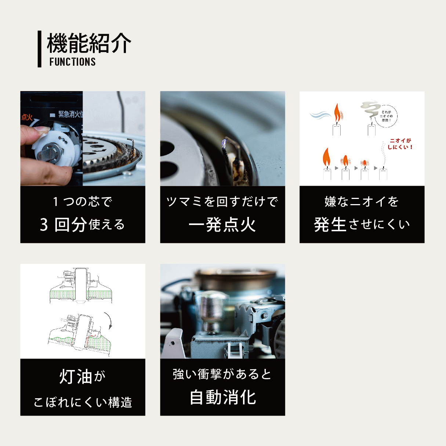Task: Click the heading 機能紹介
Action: click(89, 43)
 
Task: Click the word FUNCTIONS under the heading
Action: click(72, 62)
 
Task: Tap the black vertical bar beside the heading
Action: click(40, 49)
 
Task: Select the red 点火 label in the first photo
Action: click(27, 117)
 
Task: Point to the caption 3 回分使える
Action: click(83, 225)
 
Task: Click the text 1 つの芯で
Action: click(83, 202)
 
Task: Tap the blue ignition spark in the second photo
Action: click(224, 143)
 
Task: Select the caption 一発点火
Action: click(222, 225)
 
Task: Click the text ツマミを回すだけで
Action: click(222, 202)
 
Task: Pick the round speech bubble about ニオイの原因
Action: click(387, 116)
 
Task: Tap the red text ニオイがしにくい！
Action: click(400, 144)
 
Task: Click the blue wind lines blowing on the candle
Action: click(320, 115)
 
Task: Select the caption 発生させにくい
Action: click(362, 224)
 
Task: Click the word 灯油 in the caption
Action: click(76, 377)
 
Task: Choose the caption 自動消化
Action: click(222, 398)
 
